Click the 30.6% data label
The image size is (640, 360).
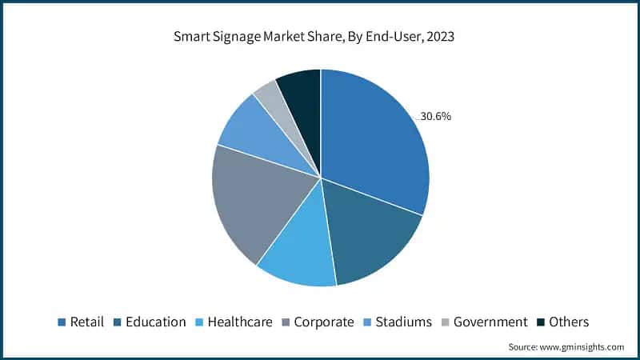click(x=436, y=116)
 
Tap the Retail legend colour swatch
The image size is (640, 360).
click(x=61, y=322)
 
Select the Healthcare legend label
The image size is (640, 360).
click(x=240, y=322)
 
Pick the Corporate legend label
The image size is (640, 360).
click(x=323, y=322)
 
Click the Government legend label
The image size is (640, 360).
click(x=490, y=322)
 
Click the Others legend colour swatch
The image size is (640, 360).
click(x=541, y=322)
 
